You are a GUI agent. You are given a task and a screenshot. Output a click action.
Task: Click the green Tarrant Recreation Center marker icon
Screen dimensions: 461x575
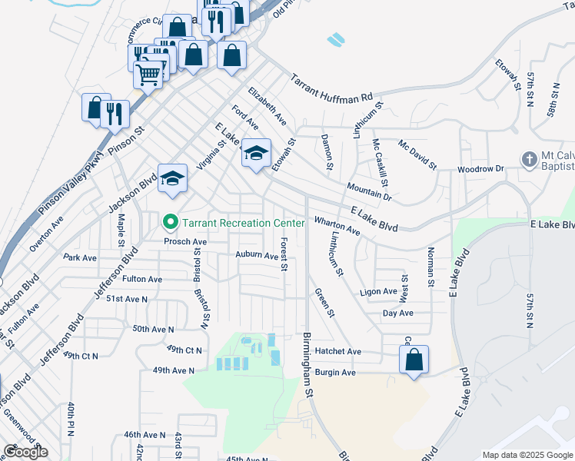170,223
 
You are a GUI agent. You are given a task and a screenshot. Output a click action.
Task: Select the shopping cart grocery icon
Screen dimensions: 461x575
148,75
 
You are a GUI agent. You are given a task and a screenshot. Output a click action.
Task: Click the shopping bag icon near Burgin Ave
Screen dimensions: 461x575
414,359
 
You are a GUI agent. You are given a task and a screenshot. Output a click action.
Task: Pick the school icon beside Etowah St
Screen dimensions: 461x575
256,153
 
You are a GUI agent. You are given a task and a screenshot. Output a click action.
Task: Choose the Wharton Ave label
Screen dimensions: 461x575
337,225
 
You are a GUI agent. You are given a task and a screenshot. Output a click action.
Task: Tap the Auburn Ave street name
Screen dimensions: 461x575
256,255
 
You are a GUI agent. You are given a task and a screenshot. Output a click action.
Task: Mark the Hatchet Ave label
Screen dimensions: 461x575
337,351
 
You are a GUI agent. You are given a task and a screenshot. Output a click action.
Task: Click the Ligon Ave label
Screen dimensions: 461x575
377,293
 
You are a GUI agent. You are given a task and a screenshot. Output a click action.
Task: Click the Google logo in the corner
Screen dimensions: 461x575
25,452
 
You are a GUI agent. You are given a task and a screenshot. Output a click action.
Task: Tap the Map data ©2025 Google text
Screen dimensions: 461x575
527,454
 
